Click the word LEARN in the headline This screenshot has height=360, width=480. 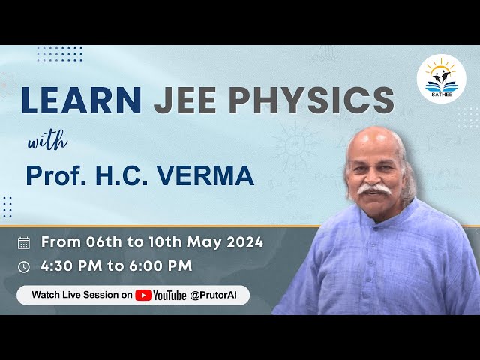[x=82, y=100]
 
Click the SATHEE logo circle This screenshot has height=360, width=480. [x=441, y=79]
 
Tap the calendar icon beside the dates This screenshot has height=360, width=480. [x=24, y=242]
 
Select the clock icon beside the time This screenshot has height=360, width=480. [x=24, y=266]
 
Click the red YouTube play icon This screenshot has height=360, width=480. [x=143, y=295]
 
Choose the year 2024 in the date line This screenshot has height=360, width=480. [x=244, y=241]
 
